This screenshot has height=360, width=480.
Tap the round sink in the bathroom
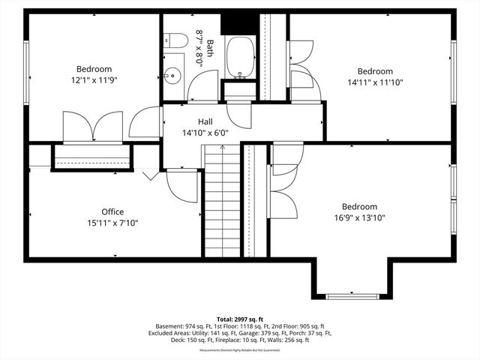pyautogui.click(x=172, y=75)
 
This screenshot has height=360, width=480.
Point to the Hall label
pyautogui.click(x=205, y=121)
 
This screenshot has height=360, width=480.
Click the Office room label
pyautogui.click(x=113, y=211)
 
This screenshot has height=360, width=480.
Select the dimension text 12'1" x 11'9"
pyautogui.click(x=93, y=79)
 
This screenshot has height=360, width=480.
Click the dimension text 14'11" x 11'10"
pyautogui.click(x=376, y=82)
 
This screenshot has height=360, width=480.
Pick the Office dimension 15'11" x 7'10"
pyautogui.click(x=113, y=223)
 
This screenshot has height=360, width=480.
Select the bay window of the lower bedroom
pyautogui.click(x=352, y=296)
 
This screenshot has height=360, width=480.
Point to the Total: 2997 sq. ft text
pyautogui.click(x=240, y=319)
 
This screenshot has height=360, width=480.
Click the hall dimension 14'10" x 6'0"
pyautogui.click(x=205, y=133)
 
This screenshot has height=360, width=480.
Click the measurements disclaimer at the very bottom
pyautogui.click(x=240, y=349)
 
